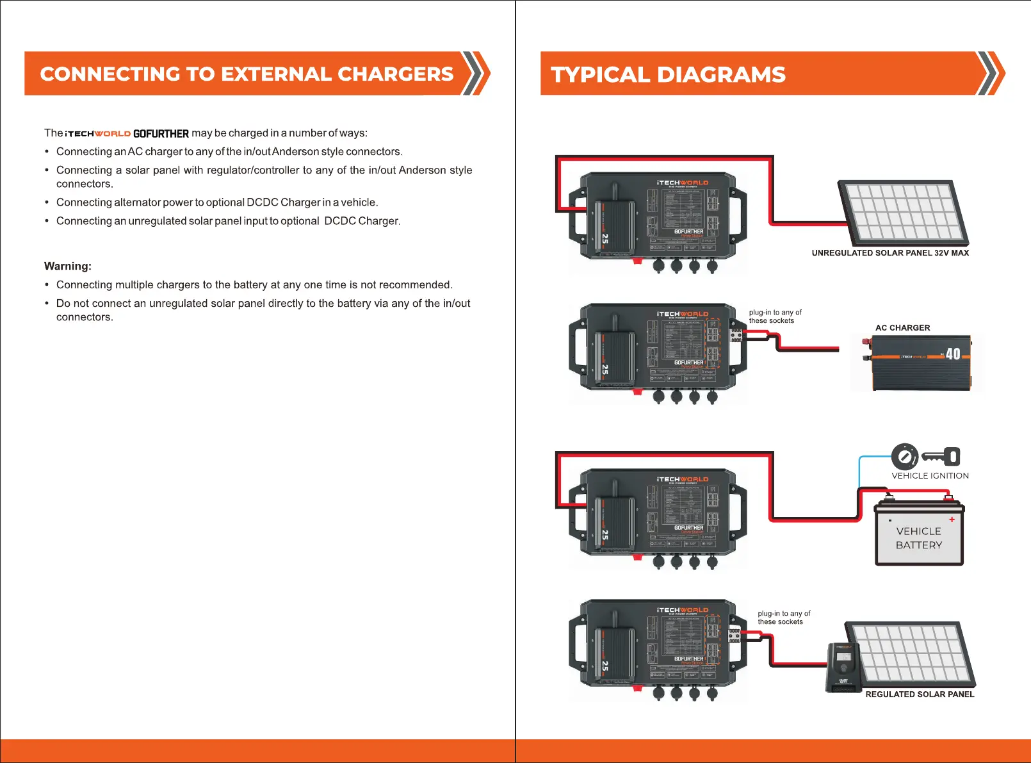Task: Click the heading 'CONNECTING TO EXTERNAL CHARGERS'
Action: (x=247, y=74)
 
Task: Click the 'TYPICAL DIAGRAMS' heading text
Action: (x=668, y=75)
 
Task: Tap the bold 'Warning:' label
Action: (x=68, y=266)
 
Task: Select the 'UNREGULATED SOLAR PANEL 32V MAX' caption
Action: (x=890, y=253)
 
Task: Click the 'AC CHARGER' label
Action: (x=902, y=328)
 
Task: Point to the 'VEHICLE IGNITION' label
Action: (x=930, y=476)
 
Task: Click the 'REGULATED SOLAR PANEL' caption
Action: (x=920, y=694)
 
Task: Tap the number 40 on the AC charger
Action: (x=953, y=354)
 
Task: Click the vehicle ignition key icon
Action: (x=941, y=456)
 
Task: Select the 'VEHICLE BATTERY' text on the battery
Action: (x=919, y=538)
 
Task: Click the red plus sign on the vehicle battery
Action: (x=952, y=520)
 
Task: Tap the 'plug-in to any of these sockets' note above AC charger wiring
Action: (x=775, y=316)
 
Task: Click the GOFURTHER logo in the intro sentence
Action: (x=161, y=134)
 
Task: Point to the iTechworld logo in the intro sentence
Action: (x=98, y=134)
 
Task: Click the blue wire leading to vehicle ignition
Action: (x=860, y=471)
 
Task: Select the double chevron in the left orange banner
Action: (x=476, y=74)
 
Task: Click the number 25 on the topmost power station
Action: (x=605, y=238)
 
